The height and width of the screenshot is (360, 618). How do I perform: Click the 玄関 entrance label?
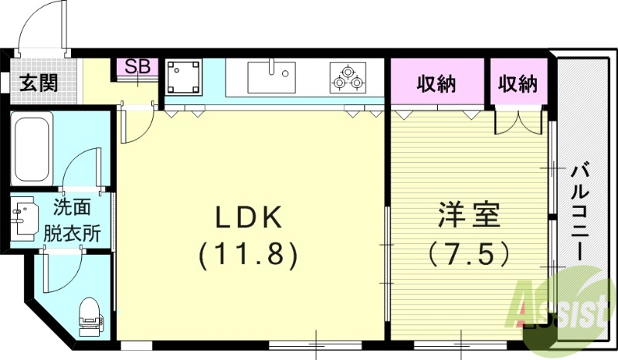(39, 83)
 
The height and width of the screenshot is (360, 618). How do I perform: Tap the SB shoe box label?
(138, 66)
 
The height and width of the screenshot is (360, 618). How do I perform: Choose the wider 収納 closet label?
(438, 83)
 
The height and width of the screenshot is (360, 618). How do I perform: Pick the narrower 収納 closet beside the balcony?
(517, 83)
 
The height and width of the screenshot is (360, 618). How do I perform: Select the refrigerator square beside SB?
(184, 77)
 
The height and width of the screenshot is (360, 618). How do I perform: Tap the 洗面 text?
(72, 207)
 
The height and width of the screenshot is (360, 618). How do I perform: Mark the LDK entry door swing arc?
(132, 126)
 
